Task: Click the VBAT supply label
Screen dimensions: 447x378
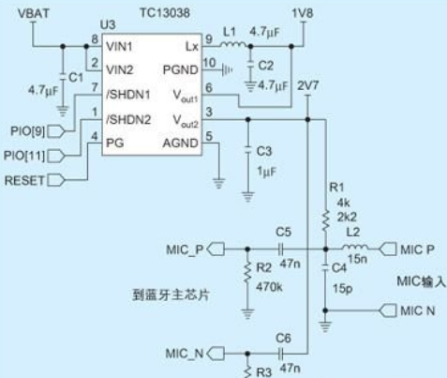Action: [x=34, y=13]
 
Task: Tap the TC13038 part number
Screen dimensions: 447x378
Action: [x=165, y=13]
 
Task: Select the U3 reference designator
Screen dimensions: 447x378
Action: [x=108, y=24]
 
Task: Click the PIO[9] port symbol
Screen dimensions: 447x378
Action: [x=56, y=131]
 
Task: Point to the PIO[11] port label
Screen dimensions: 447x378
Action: [x=24, y=156]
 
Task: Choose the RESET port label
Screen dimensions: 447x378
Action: [x=24, y=180]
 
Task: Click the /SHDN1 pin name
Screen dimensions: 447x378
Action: [x=128, y=95]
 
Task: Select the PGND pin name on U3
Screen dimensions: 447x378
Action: [x=181, y=69]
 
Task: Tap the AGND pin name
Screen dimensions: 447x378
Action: [x=181, y=144]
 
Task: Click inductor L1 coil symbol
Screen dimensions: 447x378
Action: [x=232, y=45]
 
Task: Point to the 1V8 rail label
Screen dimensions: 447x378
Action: [x=303, y=13]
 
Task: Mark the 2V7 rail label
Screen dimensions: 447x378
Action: [x=308, y=85]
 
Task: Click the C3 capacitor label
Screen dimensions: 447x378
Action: [x=264, y=151]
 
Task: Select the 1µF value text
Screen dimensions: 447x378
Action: [x=267, y=172]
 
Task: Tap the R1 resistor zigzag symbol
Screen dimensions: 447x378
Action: [x=325, y=221]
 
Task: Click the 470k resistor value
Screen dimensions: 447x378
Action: [x=269, y=287]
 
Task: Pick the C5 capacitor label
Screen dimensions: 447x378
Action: [x=283, y=232]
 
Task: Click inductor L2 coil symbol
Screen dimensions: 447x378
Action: [x=355, y=247]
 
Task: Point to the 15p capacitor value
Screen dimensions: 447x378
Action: [x=342, y=289]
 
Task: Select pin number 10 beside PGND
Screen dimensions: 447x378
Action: [x=209, y=63]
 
